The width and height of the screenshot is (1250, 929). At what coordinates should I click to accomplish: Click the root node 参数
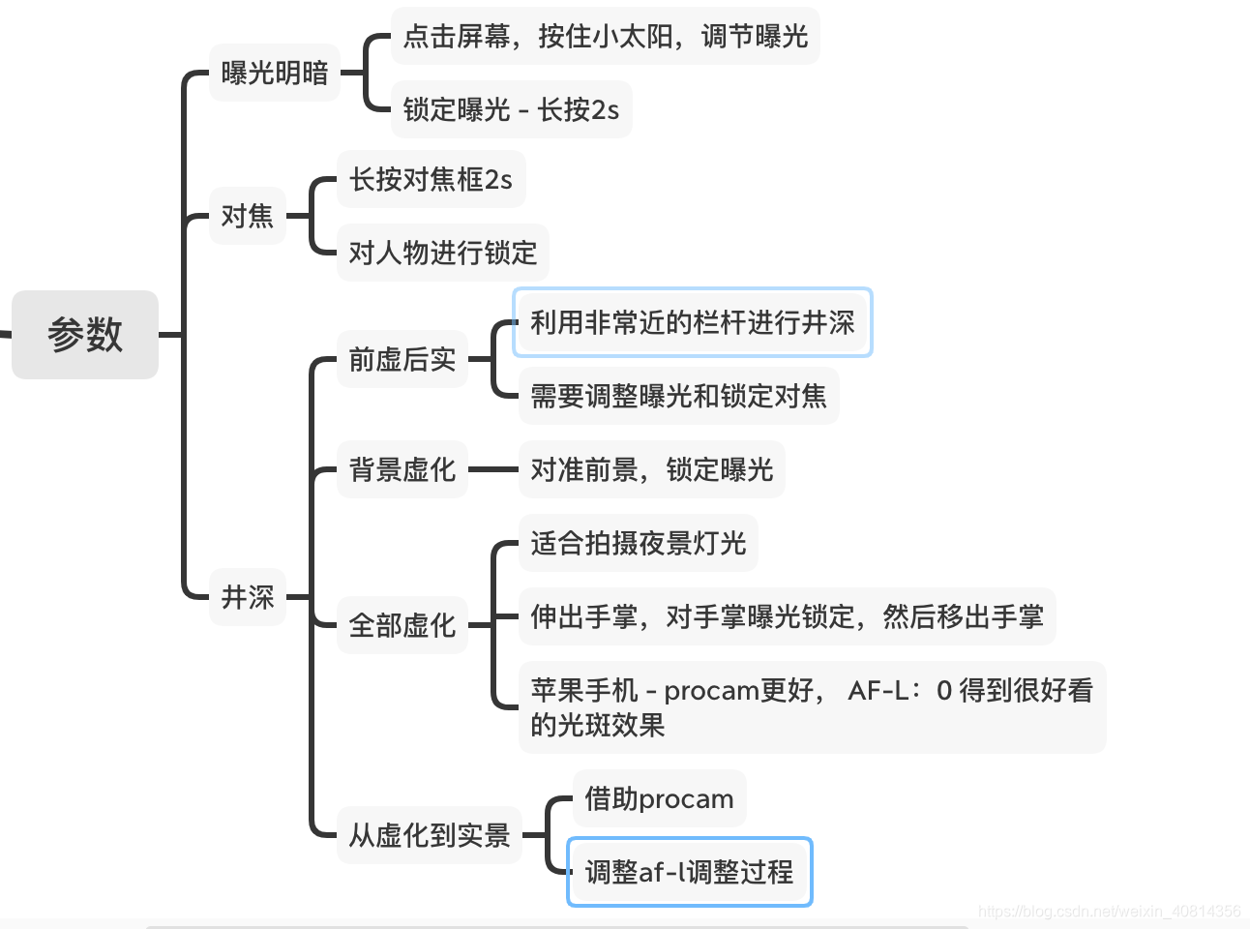pyautogui.click(x=85, y=335)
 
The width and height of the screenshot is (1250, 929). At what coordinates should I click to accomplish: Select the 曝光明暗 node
pyautogui.click(x=275, y=73)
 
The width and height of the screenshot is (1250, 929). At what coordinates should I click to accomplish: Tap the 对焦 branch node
pyautogui.click(x=248, y=216)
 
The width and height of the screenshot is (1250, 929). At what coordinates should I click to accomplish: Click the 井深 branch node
pyautogui.click(x=248, y=597)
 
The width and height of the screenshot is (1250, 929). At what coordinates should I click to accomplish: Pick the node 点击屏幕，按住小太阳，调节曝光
pyautogui.click(x=605, y=37)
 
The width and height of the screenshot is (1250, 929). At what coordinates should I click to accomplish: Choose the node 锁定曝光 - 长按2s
pyautogui.click(x=511, y=109)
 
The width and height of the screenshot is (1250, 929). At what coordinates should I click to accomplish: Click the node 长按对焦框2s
pyautogui.click(x=431, y=179)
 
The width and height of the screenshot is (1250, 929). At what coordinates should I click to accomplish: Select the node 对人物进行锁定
pyautogui.click(x=442, y=253)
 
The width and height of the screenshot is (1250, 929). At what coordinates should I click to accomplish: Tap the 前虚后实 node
pyautogui.click(x=402, y=360)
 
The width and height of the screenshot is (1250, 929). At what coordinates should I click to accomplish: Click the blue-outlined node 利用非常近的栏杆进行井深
pyautogui.click(x=692, y=322)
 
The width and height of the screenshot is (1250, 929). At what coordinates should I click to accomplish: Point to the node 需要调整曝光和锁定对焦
pyautogui.click(x=678, y=396)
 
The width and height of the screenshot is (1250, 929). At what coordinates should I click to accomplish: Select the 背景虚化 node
pyautogui.click(x=402, y=469)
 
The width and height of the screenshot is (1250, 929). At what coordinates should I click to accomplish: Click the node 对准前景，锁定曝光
pyautogui.click(x=651, y=469)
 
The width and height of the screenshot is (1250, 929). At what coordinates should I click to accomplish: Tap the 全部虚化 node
pyautogui.click(x=402, y=625)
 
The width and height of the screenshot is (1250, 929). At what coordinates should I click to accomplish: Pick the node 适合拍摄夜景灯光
pyautogui.click(x=638, y=543)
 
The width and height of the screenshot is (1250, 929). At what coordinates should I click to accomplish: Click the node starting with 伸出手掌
pyautogui.click(x=787, y=616)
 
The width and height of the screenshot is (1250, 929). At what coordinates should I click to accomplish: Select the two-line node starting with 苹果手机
pyautogui.click(x=812, y=707)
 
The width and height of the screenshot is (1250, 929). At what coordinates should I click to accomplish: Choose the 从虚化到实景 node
pyautogui.click(x=429, y=835)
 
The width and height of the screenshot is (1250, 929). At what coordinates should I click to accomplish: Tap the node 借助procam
pyautogui.click(x=659, y=798)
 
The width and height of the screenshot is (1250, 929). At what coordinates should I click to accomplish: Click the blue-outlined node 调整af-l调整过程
pyautogui.click(x=689, y=872)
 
